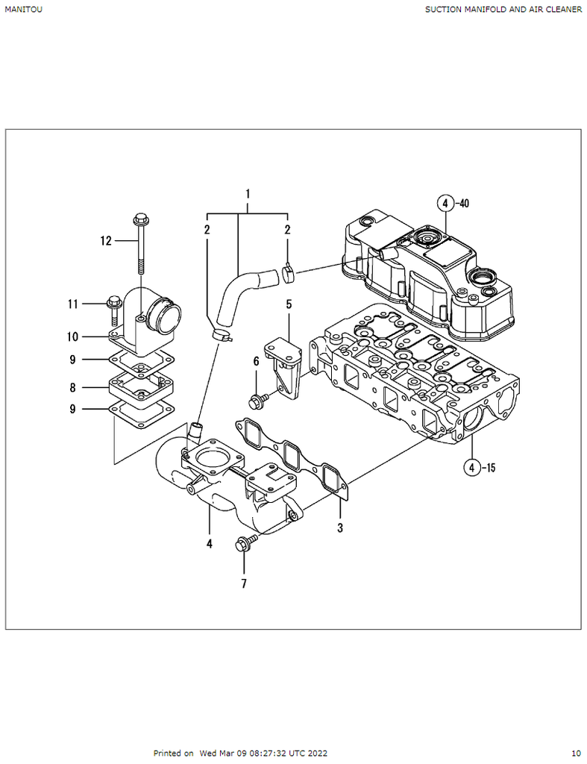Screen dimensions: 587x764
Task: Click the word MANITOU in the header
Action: (23, 9)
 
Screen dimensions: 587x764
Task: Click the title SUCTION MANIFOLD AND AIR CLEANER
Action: (503, 9)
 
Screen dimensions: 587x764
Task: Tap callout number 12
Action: (106, 241)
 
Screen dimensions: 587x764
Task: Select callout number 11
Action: (72, 304)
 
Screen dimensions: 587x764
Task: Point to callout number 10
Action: (72, 336)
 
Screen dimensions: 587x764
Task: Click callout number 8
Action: (72, 388)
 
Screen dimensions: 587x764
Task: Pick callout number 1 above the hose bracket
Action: (248, 194)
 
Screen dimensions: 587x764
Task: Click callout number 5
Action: (289, 304)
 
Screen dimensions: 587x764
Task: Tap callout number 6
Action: (257, 361)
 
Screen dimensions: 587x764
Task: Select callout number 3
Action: (340, 527)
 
